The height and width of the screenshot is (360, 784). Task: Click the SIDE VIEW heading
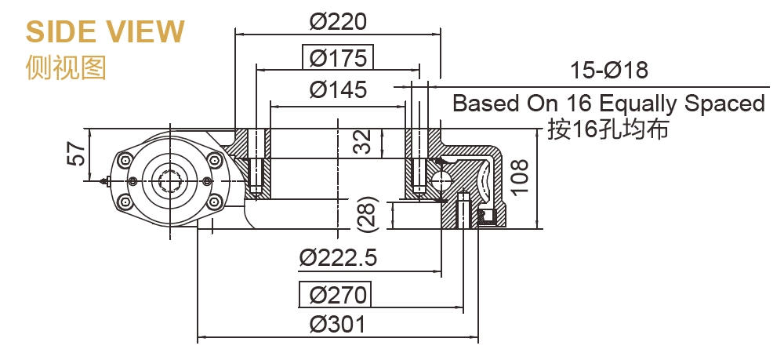pos(105,31)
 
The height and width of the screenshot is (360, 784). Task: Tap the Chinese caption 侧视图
pos(65,67)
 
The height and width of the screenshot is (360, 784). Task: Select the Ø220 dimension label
pos(338,21)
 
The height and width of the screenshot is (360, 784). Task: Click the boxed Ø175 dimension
pos(338,58)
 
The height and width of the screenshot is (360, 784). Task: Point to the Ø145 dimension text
pos(338,89)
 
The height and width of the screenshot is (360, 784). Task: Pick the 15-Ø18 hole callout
pos(609,71)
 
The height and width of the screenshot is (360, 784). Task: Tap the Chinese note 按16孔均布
pos(608,129)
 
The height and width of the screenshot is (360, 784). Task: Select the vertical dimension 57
pos(76,153)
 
